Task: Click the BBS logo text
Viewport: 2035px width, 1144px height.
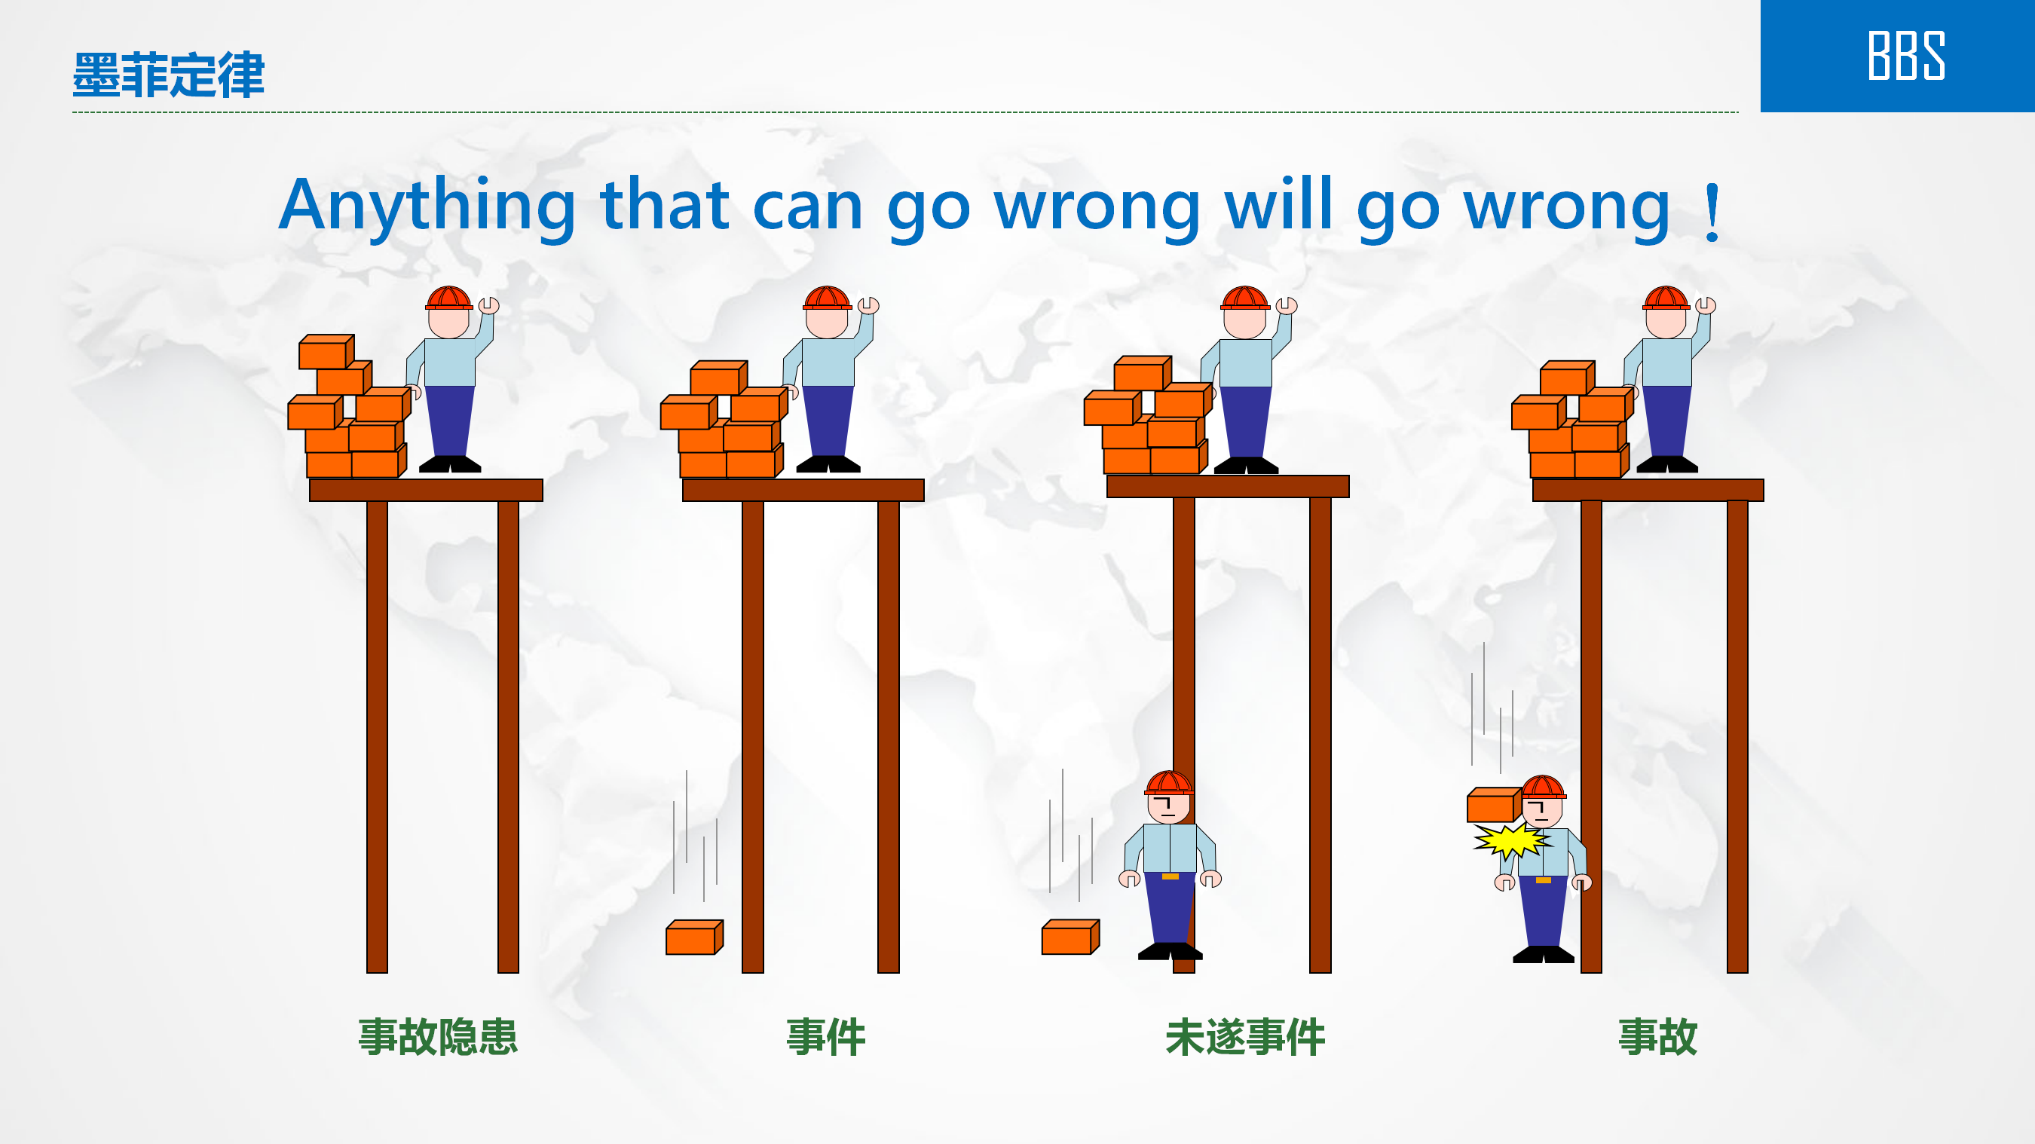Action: coord(1905,55)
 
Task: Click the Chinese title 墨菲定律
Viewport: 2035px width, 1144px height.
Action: coord(168,75)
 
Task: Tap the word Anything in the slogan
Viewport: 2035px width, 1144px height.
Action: coord(427,207)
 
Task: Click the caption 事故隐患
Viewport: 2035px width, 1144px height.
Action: coord(438,1036)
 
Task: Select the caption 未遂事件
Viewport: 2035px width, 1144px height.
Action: coord(1245,1036)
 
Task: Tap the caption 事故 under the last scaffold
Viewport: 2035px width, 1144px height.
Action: coord(1657,1036)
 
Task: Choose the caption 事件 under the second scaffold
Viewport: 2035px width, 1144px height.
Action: coord(825,1036)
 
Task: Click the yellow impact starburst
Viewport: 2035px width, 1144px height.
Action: coord(1510,840)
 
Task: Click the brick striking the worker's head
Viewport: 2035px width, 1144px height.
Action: coord(1494,805)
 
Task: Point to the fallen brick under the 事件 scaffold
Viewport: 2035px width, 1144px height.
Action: coord(694,937)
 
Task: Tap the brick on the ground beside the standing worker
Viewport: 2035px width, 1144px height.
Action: coord(1070,937)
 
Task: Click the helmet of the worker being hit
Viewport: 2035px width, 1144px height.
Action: coord(1544,788)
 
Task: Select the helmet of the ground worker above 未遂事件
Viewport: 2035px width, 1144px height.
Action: coord(1169,782)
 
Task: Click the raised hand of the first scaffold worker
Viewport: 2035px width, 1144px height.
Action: coord(489,305)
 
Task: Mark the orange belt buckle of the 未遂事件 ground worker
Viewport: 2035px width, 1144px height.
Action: coord(1170,876)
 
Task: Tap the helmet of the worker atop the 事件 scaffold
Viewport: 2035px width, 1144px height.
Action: coord(827,298)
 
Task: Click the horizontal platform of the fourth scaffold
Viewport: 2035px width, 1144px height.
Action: coord(1648,490)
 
